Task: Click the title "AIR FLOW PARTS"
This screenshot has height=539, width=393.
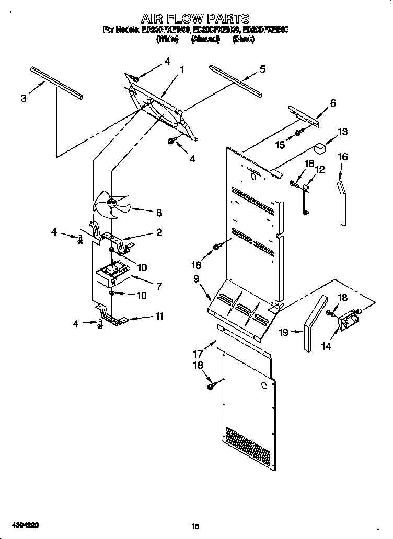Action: point(195,19)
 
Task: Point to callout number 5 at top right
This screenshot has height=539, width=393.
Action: point(262,68)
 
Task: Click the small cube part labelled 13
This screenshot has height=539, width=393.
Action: point(319,148)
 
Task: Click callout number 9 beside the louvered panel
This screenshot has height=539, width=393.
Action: point(196,279)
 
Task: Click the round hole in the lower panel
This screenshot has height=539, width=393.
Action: point(264,387)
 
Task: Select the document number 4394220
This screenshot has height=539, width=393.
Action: point(22,523)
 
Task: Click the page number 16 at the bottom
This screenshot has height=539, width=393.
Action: point(195,527)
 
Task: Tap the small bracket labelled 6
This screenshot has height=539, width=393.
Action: point(304,114)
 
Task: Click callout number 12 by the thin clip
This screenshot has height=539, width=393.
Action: point(320,169)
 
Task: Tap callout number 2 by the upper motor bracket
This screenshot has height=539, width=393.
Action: point(159,232)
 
